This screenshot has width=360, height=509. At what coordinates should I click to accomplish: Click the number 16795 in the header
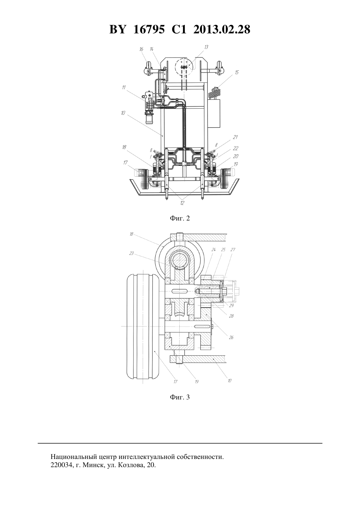coord(149,29)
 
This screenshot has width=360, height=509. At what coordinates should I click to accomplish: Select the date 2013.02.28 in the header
coord(222,29)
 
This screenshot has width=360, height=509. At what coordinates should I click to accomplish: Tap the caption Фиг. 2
coord(180,219)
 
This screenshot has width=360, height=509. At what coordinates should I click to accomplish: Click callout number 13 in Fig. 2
coord(206,47)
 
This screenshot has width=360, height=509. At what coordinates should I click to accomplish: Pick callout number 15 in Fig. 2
coord(237,72)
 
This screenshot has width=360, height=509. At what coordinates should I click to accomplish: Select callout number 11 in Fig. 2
coord(124,87)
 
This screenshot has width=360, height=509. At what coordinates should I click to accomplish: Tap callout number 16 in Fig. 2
coord(141,49)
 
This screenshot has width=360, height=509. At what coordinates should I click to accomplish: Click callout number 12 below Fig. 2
coord(182,203)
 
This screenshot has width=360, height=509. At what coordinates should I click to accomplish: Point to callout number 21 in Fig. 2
coord(235,137)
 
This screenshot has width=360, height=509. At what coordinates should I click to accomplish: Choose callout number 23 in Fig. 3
coord(131,253)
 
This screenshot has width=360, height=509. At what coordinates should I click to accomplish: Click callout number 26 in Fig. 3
coord(231,338)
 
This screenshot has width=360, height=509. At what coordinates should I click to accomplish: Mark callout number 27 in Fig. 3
coord(233,250)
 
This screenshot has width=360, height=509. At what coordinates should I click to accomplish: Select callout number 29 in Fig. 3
coord(231,306)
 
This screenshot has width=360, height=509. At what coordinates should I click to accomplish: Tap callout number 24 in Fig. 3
coord(213,250)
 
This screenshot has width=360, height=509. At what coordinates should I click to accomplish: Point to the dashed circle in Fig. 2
coord(175,67)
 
